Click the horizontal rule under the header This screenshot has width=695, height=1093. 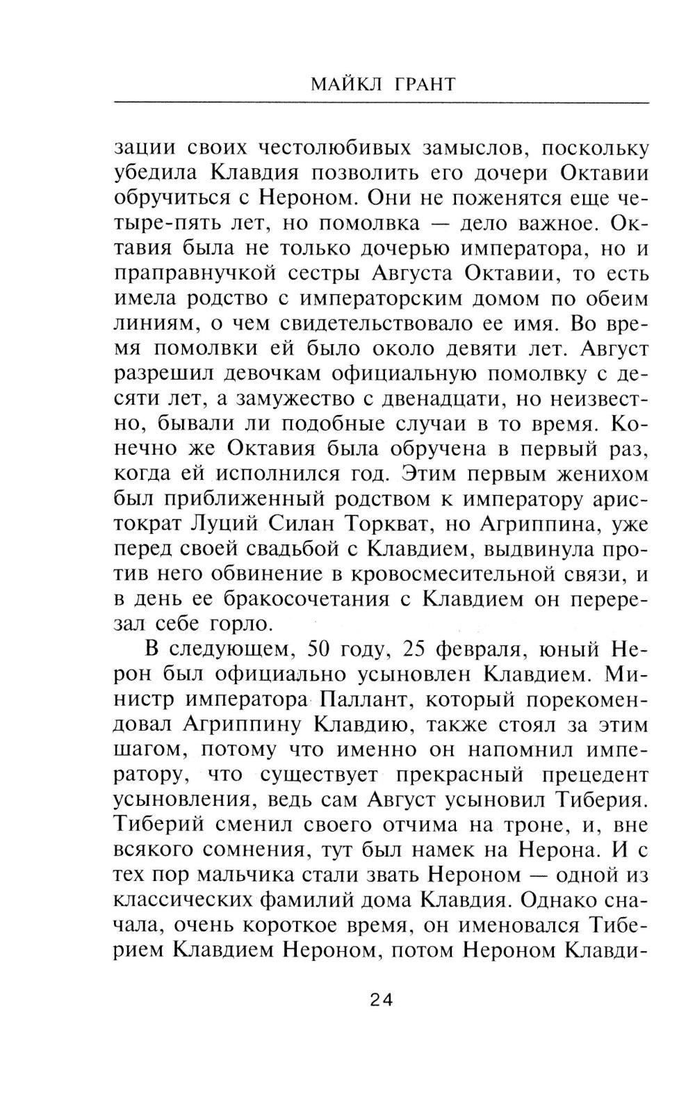381,104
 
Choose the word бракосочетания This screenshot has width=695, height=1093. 313,601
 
